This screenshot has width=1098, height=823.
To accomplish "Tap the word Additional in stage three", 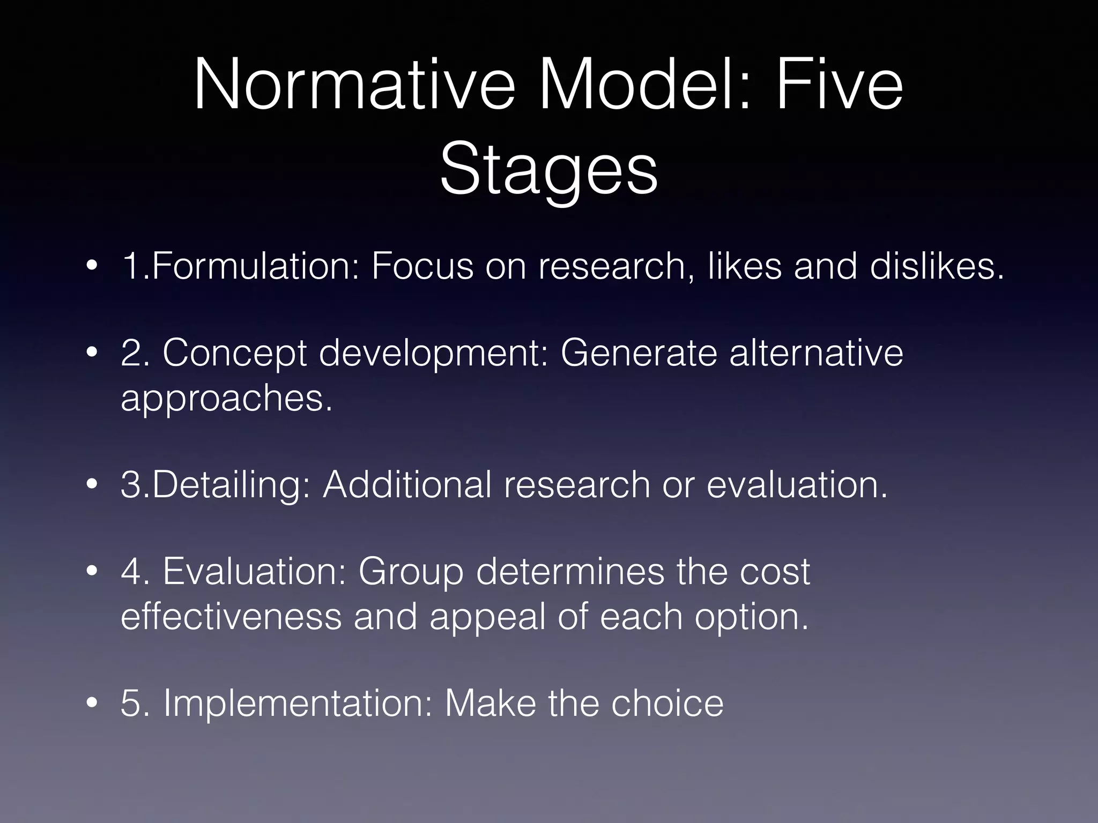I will point(407,484).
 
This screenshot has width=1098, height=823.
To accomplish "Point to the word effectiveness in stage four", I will point(231,616).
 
